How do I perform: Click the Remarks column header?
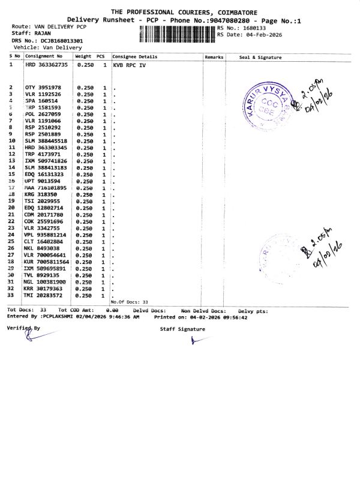point(214,56)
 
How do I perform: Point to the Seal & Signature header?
point(260,56)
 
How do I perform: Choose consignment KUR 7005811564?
point(47,262)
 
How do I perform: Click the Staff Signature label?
point(182,329)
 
